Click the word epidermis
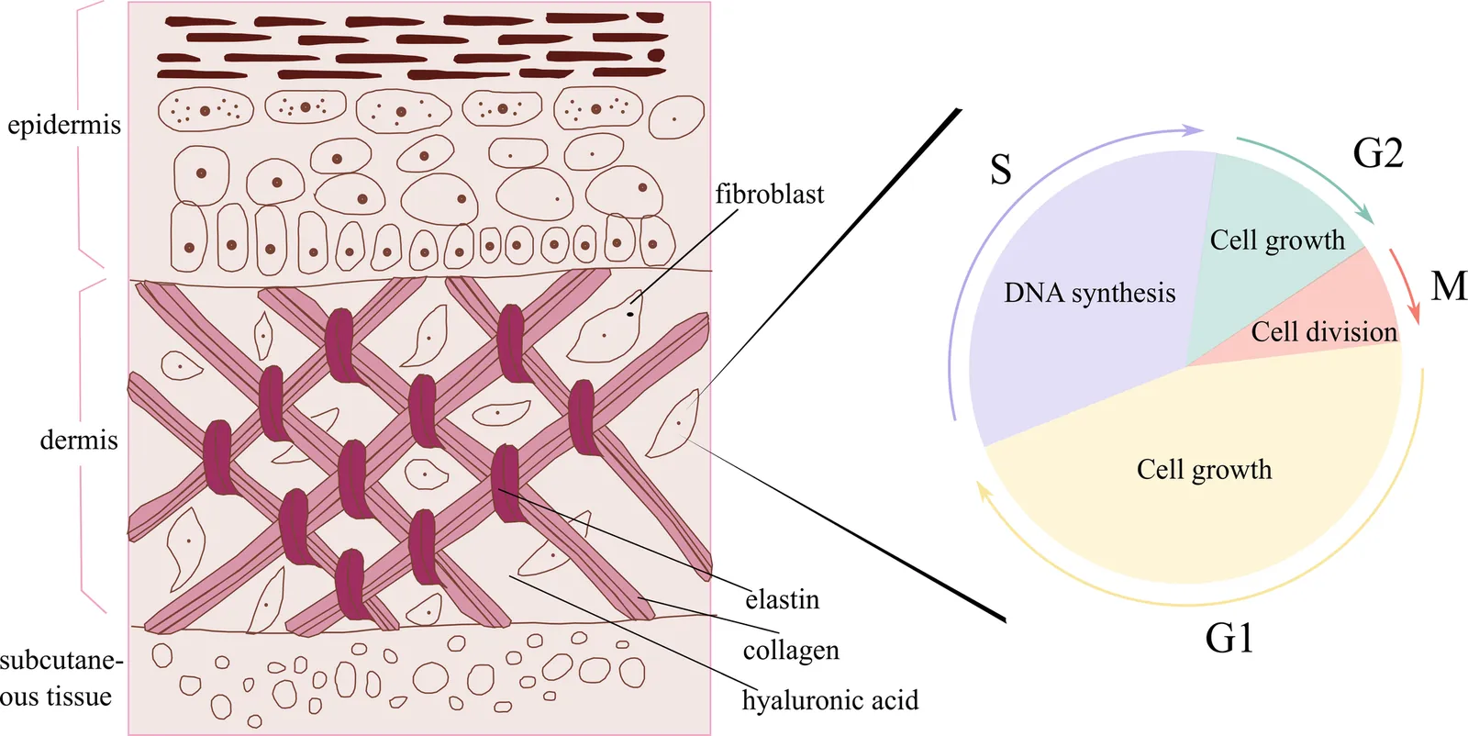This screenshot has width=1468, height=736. tap(64, 125)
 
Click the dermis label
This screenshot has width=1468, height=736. tap(79, 440)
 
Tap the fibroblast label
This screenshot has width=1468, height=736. tap(770, 194)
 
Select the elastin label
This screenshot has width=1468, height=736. tap(783, 599)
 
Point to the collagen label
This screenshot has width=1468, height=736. tap(791, 651)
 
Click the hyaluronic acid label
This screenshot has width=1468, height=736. tap(830, 700)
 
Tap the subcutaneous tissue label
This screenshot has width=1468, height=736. tap(61, 678)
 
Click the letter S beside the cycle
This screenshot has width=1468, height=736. tap(1001, 170)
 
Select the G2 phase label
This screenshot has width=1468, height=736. tap(1377, 153)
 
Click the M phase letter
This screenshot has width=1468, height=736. tap(1449, 285)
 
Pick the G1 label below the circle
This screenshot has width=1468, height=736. tap(1229, 638)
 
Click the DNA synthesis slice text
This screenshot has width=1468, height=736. tap(1089, 293)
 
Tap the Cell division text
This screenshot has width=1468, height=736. tap(1324, 332)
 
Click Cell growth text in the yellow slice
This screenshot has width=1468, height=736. tap(1204, 470)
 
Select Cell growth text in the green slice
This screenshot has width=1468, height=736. tap(1277, 240)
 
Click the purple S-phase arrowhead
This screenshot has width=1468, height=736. tap(1193, 130)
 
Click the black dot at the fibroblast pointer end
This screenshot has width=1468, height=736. tap(630, 315)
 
